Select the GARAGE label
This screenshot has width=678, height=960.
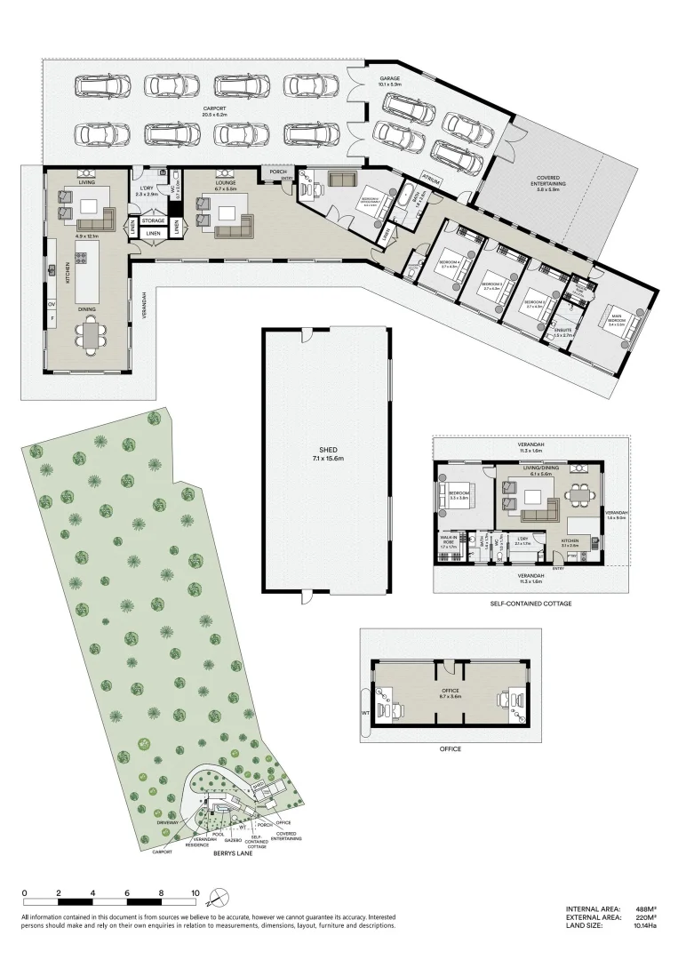(390, 79)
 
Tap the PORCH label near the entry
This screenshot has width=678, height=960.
(278, 172)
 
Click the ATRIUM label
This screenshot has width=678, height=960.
(432, 179)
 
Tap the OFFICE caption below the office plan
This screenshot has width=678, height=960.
(451, 749)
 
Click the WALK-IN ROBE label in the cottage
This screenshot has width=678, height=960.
(448, 540)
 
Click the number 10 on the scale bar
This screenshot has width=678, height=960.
(195, 892)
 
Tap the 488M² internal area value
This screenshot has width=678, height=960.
(647, 909)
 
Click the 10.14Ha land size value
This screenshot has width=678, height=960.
(644, 925)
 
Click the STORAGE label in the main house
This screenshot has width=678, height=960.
(154, 220)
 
